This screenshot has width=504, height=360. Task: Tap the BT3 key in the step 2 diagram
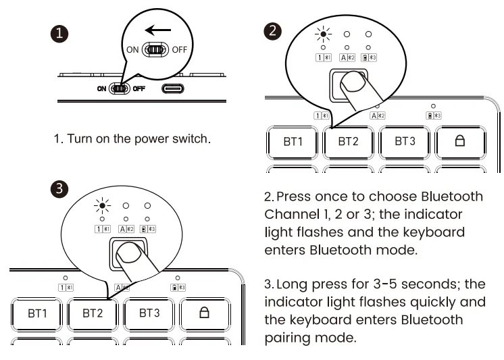[x=404, y=142]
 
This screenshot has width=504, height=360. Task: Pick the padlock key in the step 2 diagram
[x=459, y=142]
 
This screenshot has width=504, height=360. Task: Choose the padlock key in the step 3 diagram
[x=205, y=313]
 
